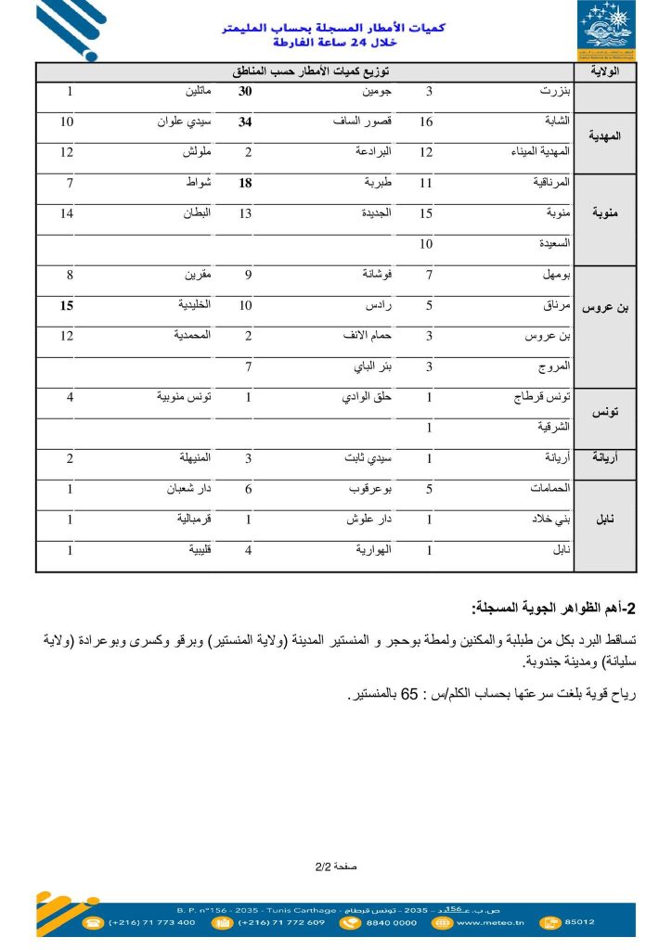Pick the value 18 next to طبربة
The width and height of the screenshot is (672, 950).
click(246, 184)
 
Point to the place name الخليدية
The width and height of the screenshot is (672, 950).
click(194, 305)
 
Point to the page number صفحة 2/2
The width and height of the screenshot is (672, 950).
click(335, 867)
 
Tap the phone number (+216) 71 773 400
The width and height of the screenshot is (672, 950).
click(152, 922)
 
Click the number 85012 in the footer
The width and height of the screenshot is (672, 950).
click(579, 922)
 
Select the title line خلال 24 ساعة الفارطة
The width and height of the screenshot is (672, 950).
click(334, 43)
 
